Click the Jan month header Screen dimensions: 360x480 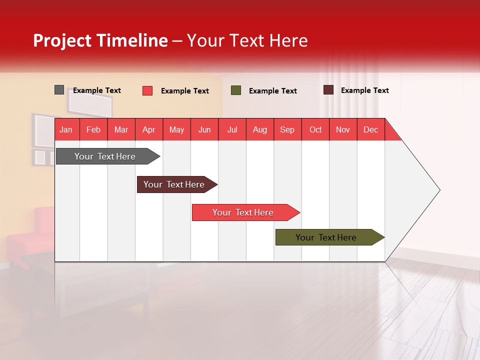[66, 129]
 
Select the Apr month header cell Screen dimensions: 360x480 [149, 129]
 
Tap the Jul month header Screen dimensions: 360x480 [232, 129]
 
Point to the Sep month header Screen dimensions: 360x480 [287, 129]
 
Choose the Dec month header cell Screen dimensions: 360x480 [370, 129]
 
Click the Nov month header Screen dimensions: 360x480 [343, 129]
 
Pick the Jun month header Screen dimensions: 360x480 [204, 129]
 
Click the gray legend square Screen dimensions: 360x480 [59, 90]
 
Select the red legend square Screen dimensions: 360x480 [147, 90]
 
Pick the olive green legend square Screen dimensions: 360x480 [236, 90]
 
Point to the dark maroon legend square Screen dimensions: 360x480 [328, 90]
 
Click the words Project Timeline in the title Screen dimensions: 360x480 [100, 40]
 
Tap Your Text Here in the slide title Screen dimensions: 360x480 [247, 40]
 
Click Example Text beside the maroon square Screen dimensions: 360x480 [364, 90]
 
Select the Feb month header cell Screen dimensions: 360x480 [93, 129]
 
